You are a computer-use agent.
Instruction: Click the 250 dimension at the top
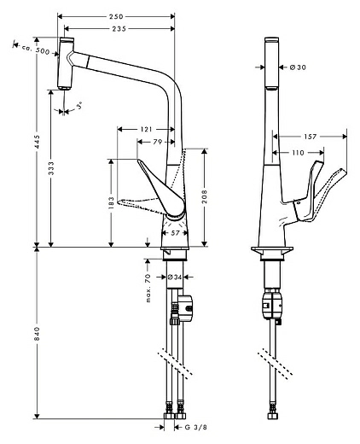click(116, 16)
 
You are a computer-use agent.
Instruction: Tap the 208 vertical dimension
click(205, 196)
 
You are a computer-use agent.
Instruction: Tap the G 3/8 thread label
click(195, 426)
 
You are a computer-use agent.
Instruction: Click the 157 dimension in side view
click(311, 136)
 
